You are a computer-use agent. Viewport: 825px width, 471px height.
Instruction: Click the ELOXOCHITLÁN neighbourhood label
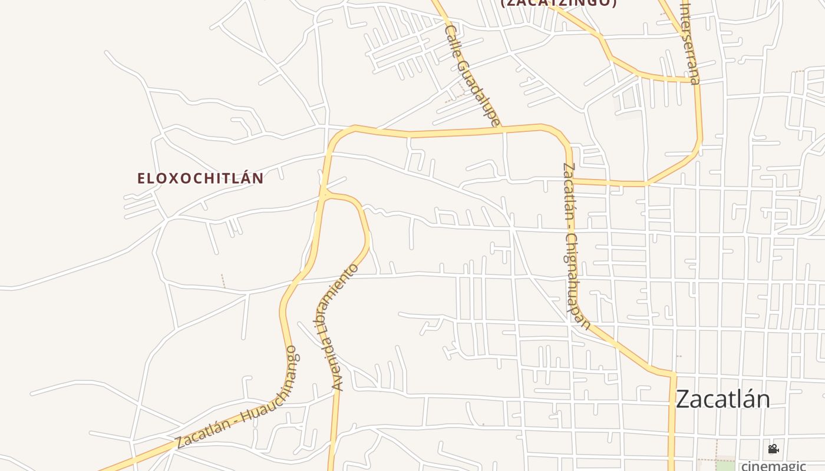tap(200, 178)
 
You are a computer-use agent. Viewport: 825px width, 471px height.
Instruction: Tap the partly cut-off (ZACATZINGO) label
tap(558, 3)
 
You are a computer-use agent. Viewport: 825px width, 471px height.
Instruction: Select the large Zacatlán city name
tap(722, 399)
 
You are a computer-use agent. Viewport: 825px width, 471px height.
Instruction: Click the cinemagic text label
tap(773, 466)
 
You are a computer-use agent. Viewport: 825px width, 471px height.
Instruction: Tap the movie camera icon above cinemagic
tap(773, 449)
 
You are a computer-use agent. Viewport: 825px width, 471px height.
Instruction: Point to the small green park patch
tap(726, 465)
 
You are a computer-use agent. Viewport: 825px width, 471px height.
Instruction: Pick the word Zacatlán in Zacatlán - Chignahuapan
tap(569, 191)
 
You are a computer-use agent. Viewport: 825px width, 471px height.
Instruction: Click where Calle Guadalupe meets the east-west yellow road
tap(503, 128)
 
